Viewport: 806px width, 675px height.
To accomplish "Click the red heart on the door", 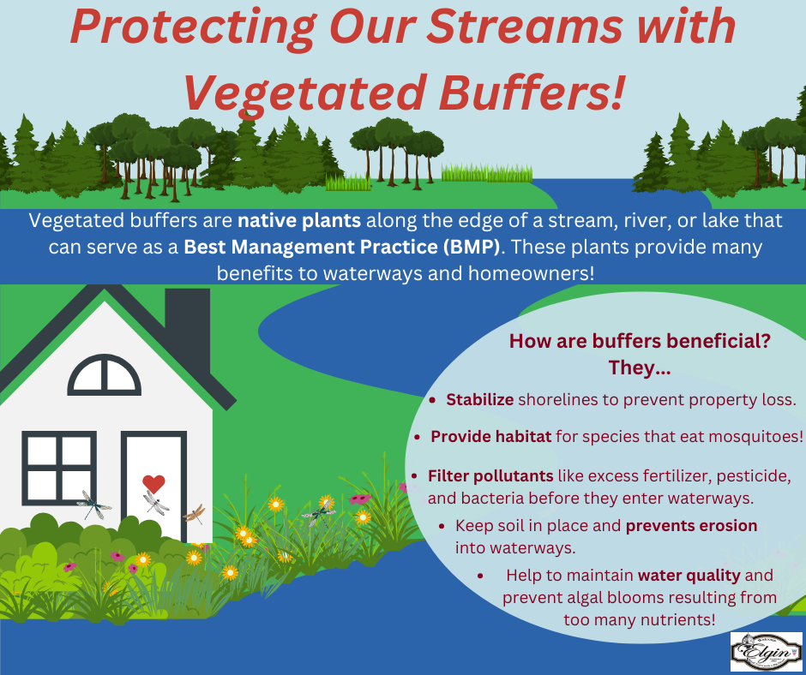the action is point(153,483).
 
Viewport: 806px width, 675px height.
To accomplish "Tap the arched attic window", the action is point(105,375).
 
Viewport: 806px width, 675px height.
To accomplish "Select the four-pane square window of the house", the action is point(59,468).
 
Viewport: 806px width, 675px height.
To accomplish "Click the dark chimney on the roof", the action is point(187,329).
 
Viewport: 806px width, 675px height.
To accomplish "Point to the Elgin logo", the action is point(767,652).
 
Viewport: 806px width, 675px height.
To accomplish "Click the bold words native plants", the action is point(299,220).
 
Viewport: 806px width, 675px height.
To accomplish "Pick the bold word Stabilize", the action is point(479,400).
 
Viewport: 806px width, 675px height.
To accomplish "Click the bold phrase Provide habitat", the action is point(491,436).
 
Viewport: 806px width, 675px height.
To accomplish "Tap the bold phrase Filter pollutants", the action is point(490,475).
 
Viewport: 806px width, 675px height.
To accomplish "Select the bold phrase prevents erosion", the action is point(691,525).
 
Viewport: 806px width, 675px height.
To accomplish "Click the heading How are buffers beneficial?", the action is point(640,341).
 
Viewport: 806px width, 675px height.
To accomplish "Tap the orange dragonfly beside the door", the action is point(195,513).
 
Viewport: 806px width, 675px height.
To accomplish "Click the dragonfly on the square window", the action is point(94,505).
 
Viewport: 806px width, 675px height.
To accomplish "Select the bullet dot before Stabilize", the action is point(433,400).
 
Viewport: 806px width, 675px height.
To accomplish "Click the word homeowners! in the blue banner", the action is point(531,273).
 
